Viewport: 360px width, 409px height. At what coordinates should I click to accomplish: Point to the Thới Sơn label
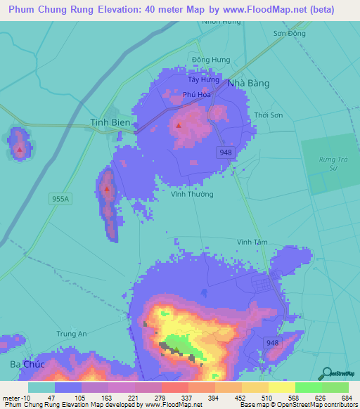point(269,115)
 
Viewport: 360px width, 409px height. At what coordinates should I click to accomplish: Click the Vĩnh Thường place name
point(192,194)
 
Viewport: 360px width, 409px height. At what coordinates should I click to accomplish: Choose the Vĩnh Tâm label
point(252,242)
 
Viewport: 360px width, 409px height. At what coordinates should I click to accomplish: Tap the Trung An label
point(71,334)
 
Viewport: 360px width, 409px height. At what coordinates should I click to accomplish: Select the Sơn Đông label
point(289,34)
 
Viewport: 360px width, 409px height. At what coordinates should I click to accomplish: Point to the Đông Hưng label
point(211,60)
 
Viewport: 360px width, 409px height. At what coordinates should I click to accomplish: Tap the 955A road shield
point(61,199)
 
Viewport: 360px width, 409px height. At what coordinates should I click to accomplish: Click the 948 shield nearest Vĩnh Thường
point(225,152)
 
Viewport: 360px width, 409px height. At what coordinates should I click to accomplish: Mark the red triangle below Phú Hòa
point(178,126)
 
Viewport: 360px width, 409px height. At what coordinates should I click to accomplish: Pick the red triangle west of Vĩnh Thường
point(107,188)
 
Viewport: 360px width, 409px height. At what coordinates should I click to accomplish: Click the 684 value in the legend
point(346,398)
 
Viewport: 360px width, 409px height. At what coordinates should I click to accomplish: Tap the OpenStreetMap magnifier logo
point(326,373)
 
